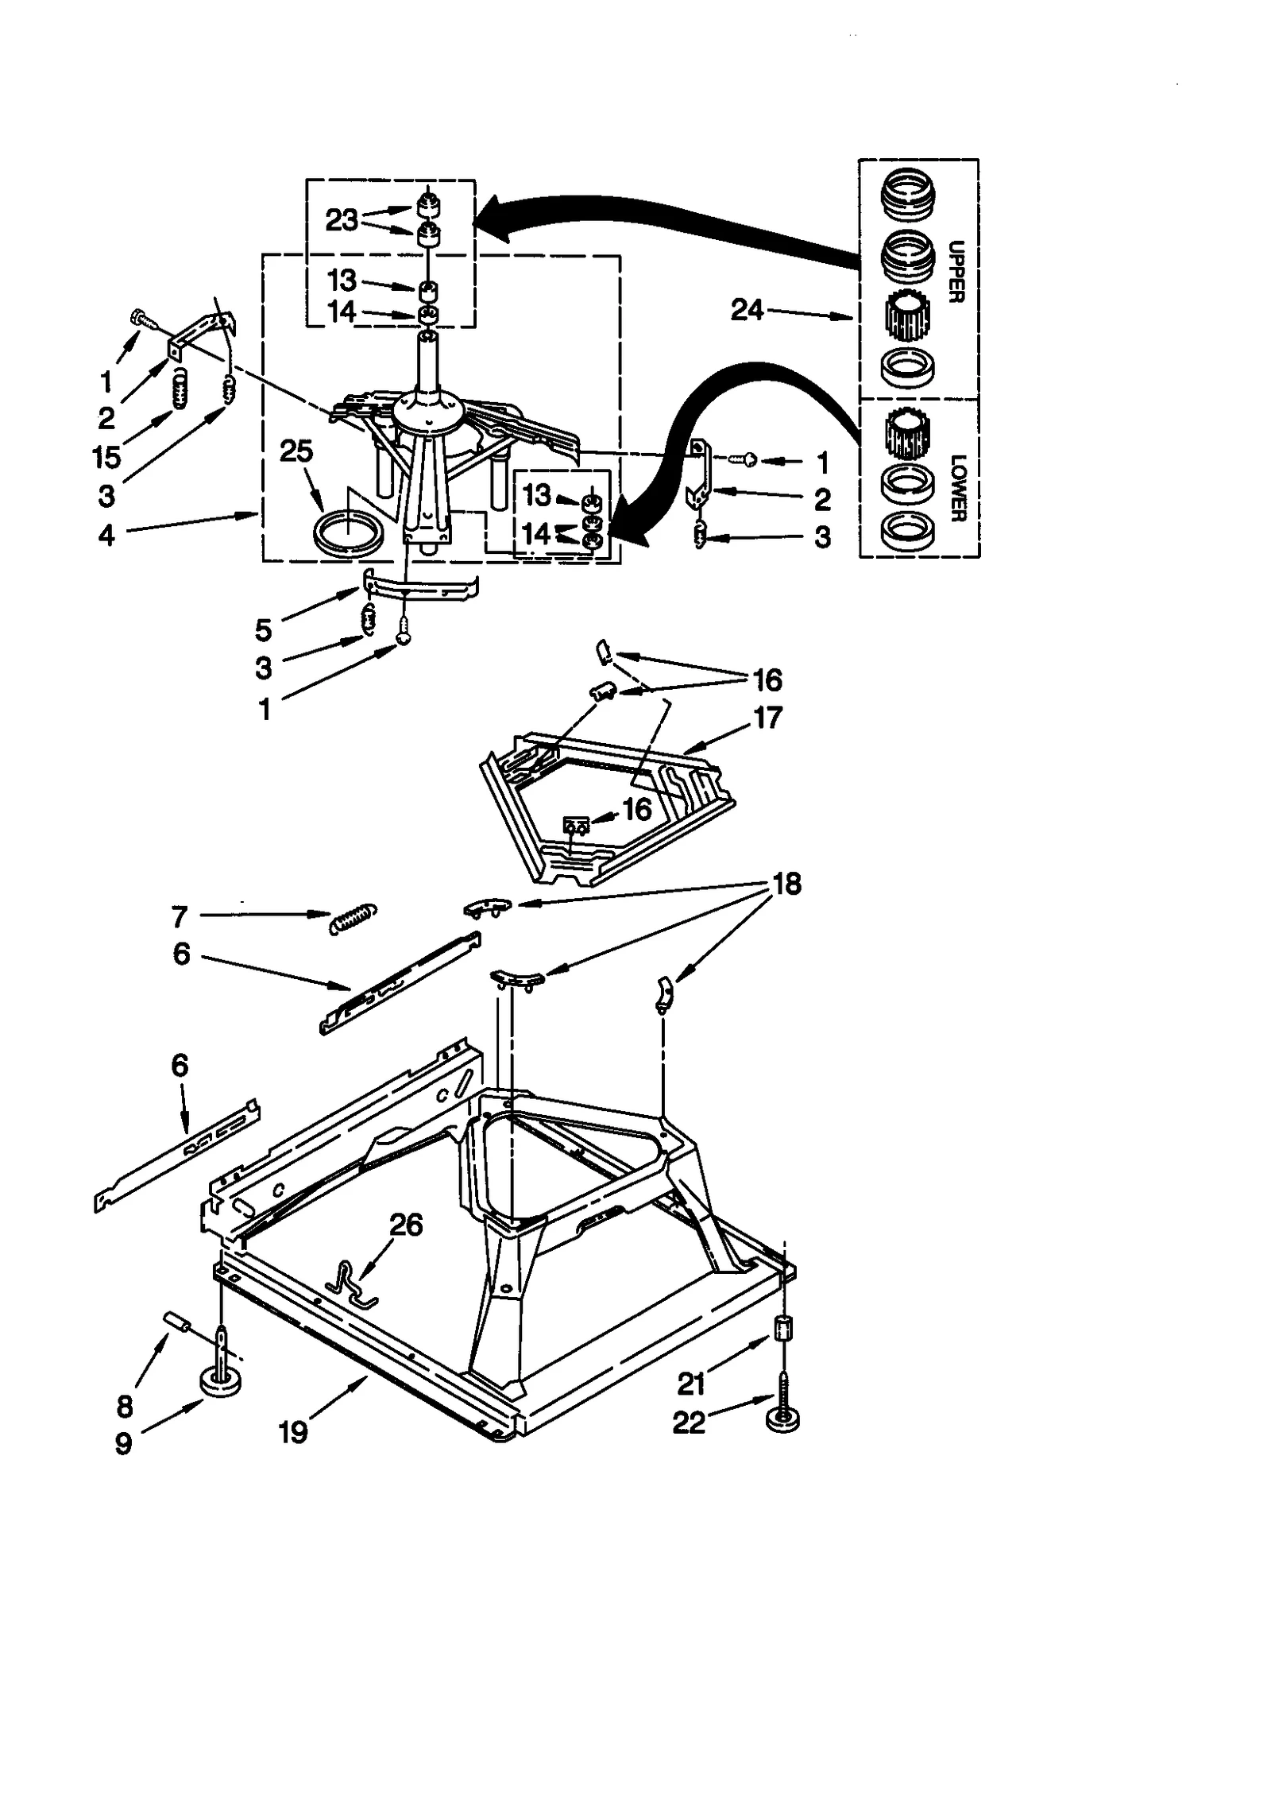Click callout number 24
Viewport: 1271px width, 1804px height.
click(x=746, y=311)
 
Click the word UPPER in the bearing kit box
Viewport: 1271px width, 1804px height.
click(x=956, y=271)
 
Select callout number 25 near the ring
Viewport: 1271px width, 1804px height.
click(x=296, y=451)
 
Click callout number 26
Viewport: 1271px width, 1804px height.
click(x=405, y=1225)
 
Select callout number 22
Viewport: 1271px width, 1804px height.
click(x=689, y=1422)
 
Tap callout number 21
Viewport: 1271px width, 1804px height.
click(x=691, y=1384)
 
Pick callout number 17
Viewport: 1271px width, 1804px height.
click(x=767, y=718)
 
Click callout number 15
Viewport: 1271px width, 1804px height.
click(x=106, y=457)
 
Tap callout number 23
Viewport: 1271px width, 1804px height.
click(x=342, y=220)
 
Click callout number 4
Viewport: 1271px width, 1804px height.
click(x=106, y=535)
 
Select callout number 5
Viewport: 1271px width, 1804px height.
click(x=263, y=630)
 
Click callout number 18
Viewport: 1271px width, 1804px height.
click(x=786, y=884)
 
